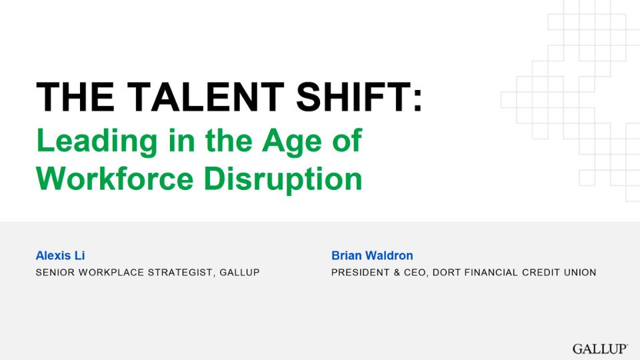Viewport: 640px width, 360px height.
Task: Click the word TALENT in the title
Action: coord(205,97)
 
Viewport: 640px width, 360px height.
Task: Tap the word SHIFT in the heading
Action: coord(353,97)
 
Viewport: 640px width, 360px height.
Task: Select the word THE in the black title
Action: coord(75,97)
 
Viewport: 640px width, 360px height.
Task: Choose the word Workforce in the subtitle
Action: coord(115,179)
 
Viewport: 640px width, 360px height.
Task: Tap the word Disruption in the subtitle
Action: coord(283,179)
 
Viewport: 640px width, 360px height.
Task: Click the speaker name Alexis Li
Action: coord(60,255)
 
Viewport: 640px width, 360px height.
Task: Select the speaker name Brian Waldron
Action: coord(372,255)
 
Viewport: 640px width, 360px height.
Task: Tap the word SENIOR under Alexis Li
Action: coord(55,272)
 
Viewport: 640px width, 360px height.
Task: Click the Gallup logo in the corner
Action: coord(600,349)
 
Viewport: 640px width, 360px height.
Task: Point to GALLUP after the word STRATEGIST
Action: coord(239,272)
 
